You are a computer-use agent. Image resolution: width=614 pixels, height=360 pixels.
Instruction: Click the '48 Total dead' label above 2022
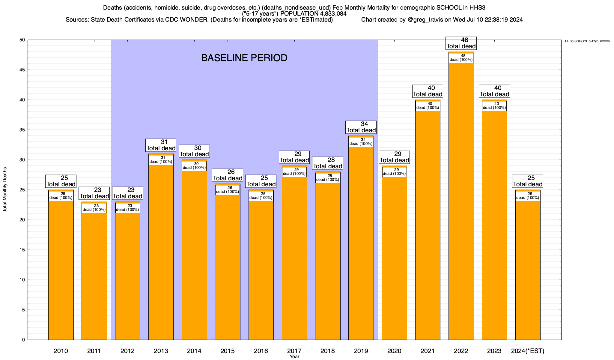[x=461, y=43]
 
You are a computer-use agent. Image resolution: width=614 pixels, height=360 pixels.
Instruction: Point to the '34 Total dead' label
[x=361, y=127]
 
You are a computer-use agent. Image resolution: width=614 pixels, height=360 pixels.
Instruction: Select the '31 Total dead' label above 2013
[x=161, y=145]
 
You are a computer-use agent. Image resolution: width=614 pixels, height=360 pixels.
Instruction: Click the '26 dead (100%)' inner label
[x=228, y=190]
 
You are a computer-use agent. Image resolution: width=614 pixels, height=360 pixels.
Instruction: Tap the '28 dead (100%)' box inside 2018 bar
[x=328, y=178]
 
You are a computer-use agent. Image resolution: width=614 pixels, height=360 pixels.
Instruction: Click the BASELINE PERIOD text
[x=244, y=58]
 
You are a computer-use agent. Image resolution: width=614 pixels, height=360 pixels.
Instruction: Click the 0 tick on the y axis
[x=23, y=340]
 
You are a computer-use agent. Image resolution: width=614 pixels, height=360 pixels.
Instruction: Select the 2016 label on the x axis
[x=261, y=351]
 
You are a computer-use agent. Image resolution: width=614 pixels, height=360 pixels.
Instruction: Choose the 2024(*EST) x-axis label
[x=528, y=351]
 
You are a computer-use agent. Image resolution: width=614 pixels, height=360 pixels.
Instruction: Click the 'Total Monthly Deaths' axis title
[x=5, y=190]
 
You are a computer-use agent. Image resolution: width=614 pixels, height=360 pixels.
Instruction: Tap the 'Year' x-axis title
[x=294, y=357]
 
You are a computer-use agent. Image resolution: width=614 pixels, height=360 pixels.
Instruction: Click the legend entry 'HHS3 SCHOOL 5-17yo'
[x=581, y=41]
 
